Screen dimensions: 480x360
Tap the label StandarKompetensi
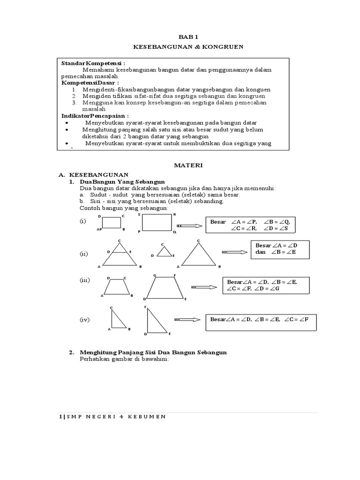coord(93,63)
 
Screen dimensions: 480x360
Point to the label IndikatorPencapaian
coord(95,115)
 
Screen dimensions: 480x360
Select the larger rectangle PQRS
coord(157,223)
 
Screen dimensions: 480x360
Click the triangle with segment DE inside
coord(119,255)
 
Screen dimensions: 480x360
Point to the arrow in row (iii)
coord(202,287)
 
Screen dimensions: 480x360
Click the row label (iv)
coord(84,320)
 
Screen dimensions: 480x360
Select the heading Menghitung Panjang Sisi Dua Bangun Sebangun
coord(153,352)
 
